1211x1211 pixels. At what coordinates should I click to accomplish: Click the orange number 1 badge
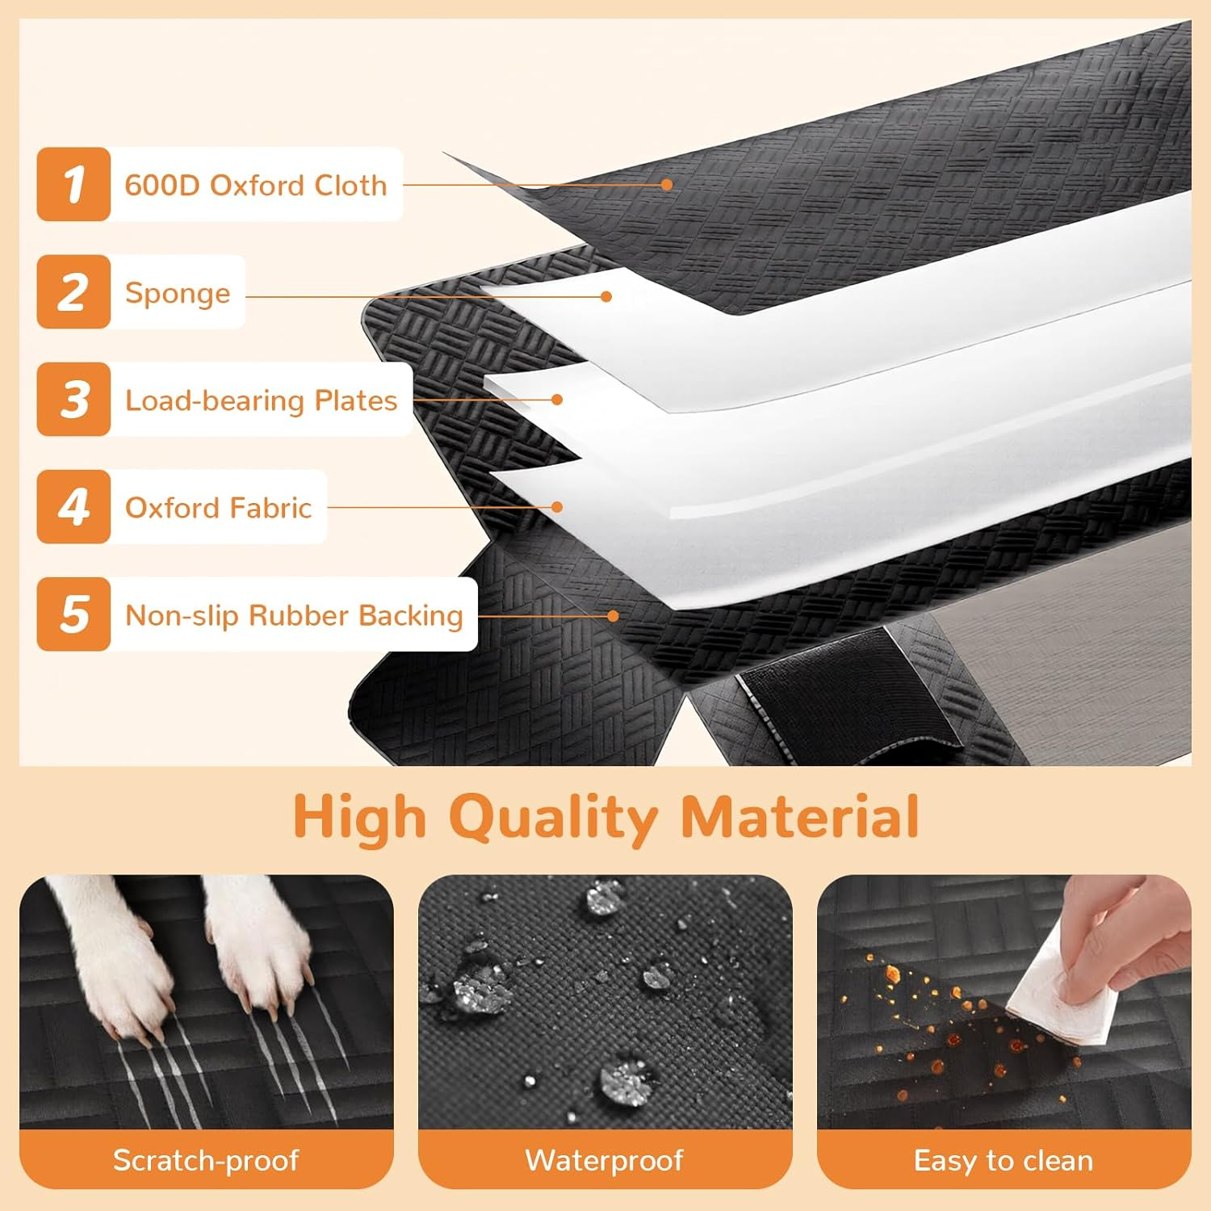pos(73,184)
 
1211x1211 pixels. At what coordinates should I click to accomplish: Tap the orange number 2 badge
pos(73,291)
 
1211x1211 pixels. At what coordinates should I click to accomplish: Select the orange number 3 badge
pos(73,399)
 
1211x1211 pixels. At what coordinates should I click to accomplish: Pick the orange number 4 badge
pos(73,506)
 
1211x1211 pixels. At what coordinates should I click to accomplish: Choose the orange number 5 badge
pos(73,614)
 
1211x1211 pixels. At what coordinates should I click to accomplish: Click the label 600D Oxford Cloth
pos(256,185)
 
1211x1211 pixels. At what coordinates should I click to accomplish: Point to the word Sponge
pos(178,294)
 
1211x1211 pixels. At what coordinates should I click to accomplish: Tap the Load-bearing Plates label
pos(262,400)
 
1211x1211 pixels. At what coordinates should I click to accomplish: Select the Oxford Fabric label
pos(218,508)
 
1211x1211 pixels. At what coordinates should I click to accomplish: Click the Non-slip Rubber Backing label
pos(294,615)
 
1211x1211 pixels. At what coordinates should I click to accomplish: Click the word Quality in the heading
pos(554,819)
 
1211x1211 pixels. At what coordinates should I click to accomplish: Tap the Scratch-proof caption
pos(206,1160)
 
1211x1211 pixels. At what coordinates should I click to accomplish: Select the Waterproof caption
pos(605,1160)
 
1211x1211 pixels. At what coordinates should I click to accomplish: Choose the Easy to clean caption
pos(1004,1160)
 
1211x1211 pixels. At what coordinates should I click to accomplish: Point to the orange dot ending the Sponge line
pos(606,296)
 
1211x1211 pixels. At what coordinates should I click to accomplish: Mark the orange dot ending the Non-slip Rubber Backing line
pos(613,616)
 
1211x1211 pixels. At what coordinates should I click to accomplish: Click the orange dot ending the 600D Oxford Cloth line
pos(667,184)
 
